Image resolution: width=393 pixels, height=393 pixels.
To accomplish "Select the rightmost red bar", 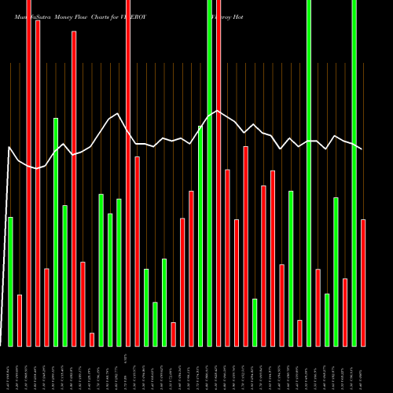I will tap(363, 283).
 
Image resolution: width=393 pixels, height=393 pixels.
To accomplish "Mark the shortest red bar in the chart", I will tap(92, 340).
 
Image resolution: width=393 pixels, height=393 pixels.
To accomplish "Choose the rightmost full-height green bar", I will tap(354, 173).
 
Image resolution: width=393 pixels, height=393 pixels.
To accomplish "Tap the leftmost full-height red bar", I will tap(28, 173).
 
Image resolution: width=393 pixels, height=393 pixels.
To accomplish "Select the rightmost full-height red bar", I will tap(219, 173).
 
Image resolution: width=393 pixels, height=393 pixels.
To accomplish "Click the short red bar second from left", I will tap(20, 320).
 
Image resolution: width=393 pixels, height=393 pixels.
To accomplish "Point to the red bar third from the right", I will tap(318, 307).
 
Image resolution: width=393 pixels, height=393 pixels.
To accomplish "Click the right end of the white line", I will tap(362, 149).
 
